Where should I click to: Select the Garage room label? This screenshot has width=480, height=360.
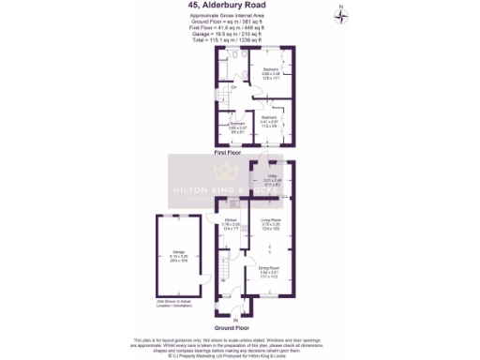177,253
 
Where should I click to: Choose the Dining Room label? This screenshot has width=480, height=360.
270,270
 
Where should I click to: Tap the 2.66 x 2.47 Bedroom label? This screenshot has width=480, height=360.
238,126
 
